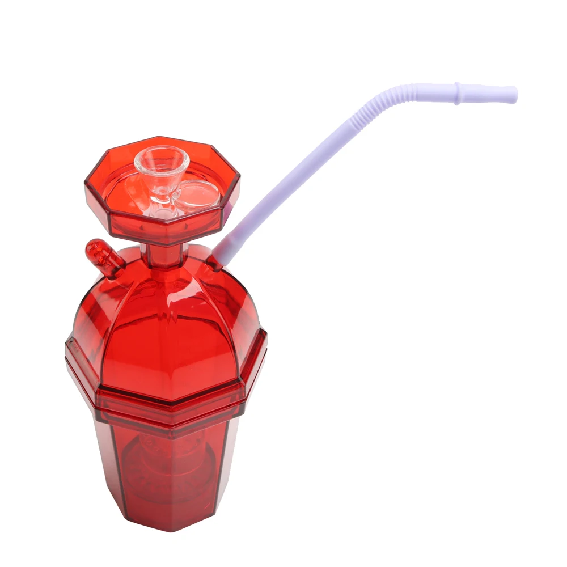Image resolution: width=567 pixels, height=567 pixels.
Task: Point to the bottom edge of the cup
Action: pos(170,528)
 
